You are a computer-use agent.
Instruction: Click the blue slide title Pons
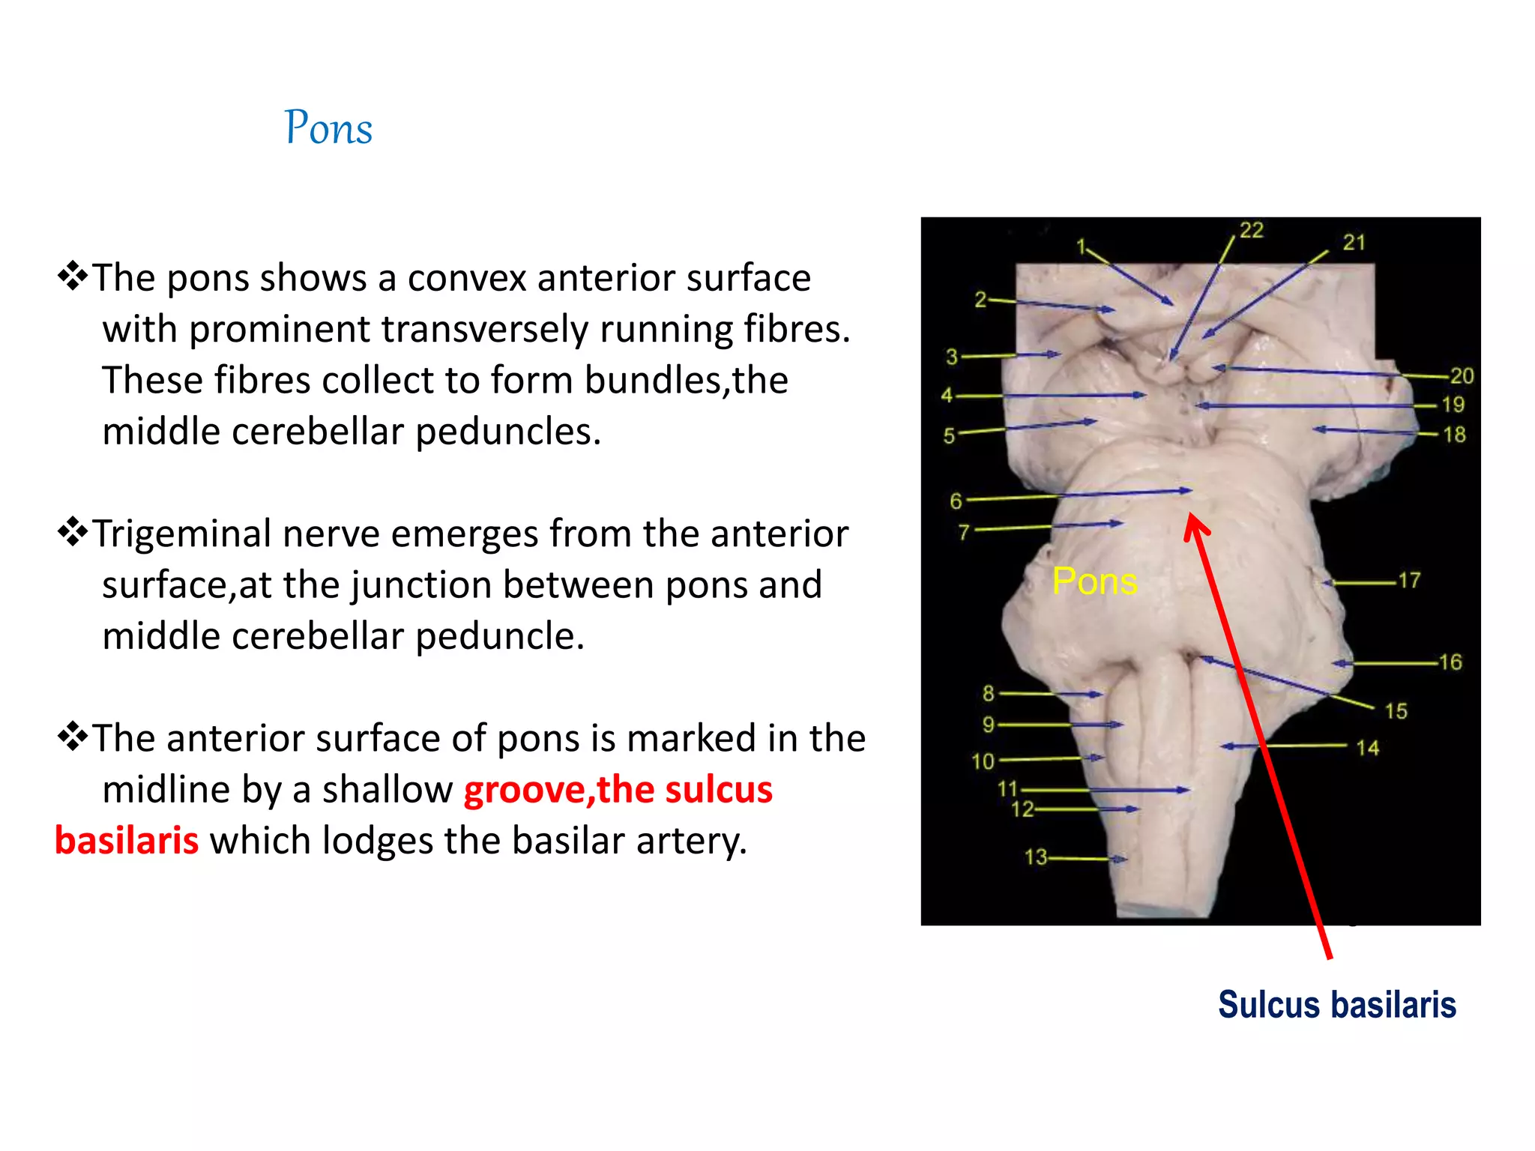[x=328, y=127]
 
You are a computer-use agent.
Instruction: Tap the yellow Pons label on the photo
[x=1094, y=581]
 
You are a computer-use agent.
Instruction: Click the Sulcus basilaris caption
[x=1336, y=1005]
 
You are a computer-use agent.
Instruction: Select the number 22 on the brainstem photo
[x=1251, y=230]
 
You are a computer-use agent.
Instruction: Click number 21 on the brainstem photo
[x=1354, y=242]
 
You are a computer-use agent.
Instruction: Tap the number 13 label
[x=1036, y=857]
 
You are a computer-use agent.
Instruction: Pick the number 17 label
[x=1409, y=580]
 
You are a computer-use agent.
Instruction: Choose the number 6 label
[x=956, y=501]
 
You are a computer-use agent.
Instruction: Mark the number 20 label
[x=1462, y=375]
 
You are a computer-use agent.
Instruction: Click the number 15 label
[x=1396, y=710]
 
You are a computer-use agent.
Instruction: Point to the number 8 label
[x=989, y=693]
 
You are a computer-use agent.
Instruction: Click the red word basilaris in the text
[x=127, y=841]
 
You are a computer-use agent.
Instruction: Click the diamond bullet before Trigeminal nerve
[x=73, y=532]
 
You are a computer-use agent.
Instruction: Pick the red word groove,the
[x=525, y=790]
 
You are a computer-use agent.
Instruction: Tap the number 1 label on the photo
[x=1081, y=247]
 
